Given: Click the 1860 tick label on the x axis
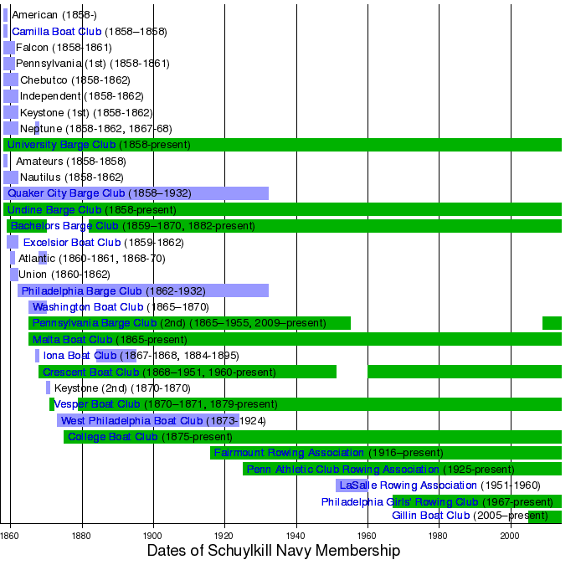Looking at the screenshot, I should [x=10, y=534].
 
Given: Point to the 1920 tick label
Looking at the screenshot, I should [x=224, y=534].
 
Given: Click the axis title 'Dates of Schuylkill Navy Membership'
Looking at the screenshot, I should [x=273, y=551].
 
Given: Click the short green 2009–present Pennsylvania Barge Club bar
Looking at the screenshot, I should [x=552, y=323].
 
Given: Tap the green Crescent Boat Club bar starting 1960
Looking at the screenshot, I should [x=465, y=372].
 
